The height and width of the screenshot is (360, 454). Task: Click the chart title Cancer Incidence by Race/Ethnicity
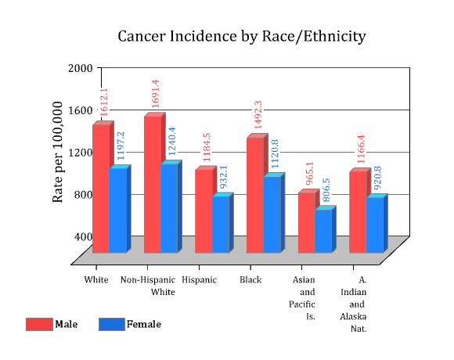coord(242,37)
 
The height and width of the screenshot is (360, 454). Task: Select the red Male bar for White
coord(101,189)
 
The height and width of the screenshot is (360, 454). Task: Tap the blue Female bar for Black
coord(272,214)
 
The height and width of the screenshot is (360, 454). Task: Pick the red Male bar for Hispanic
coord(204,211)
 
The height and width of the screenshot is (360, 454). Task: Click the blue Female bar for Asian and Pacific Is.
coord(324,231)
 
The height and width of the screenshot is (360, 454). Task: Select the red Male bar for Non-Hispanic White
coord(153,185)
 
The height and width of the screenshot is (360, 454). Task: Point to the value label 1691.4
coord(156,94)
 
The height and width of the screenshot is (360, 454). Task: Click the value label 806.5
coord(326,190)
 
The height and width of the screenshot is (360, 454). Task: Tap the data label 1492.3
coord(258,114)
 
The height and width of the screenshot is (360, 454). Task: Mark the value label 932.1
coord(224,177)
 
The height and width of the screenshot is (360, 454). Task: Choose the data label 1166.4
coord(361,149)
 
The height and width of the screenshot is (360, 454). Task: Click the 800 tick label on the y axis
coord(84,194)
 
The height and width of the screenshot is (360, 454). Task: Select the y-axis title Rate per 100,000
coord(57,153)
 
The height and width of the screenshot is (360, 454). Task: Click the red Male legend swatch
coord(39,324)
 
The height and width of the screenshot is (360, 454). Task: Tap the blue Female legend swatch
coord(112,324)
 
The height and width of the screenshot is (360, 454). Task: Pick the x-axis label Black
coord(250,280)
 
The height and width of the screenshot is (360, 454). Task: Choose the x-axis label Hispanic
coord(199,280)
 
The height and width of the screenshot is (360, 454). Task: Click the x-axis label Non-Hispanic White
coord(148,286)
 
